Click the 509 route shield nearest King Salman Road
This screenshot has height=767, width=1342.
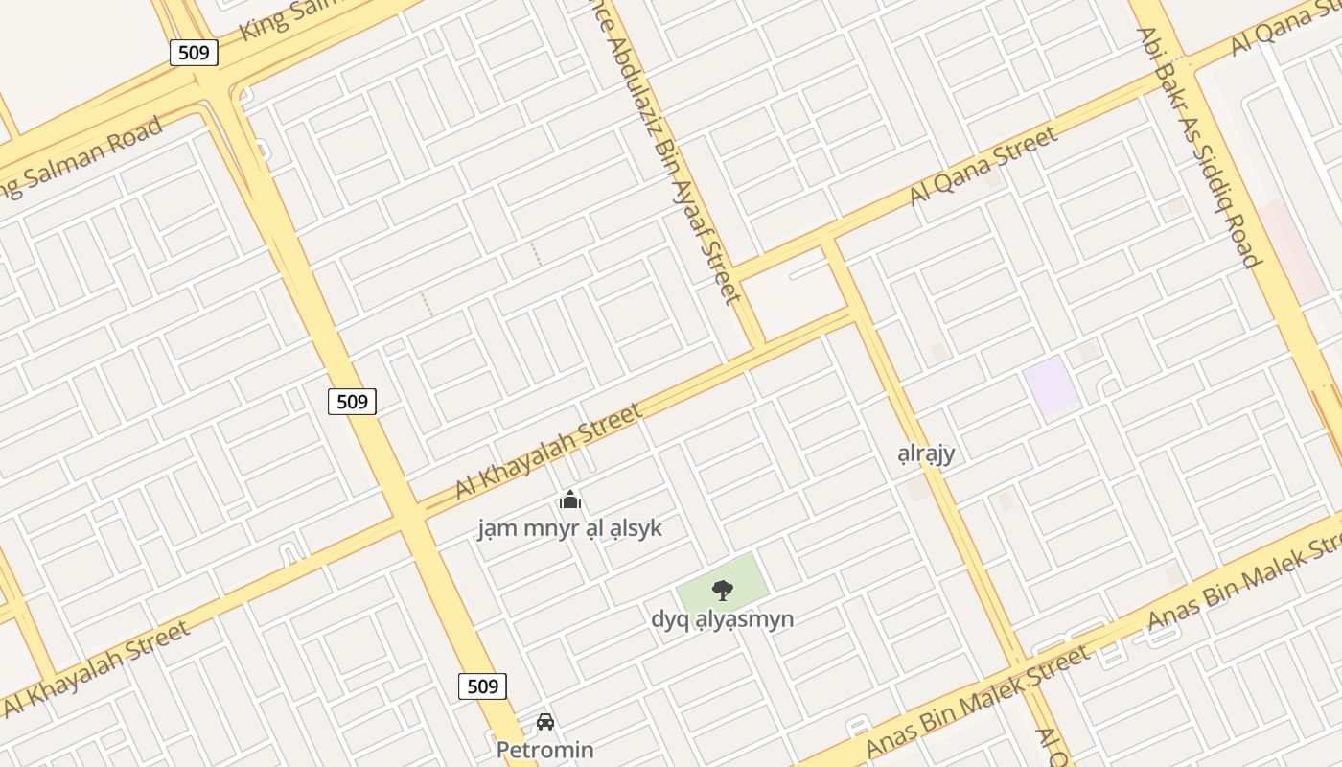(194, 52)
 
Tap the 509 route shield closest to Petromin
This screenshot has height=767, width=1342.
(482, 686)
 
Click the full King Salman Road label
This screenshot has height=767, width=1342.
(81, 158)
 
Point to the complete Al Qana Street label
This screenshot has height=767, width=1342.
(983, 164)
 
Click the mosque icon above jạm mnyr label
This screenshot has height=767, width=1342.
(570, 500)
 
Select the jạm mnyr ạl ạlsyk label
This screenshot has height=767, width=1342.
(570, 528)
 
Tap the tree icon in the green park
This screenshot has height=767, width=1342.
(723, 590)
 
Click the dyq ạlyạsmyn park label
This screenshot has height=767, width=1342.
(723, 618)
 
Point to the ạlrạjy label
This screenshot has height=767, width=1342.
(926, 453)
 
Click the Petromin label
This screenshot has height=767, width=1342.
(544, 750)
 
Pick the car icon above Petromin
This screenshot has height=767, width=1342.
(544, 721)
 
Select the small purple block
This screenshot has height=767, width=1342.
(1052, 386)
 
